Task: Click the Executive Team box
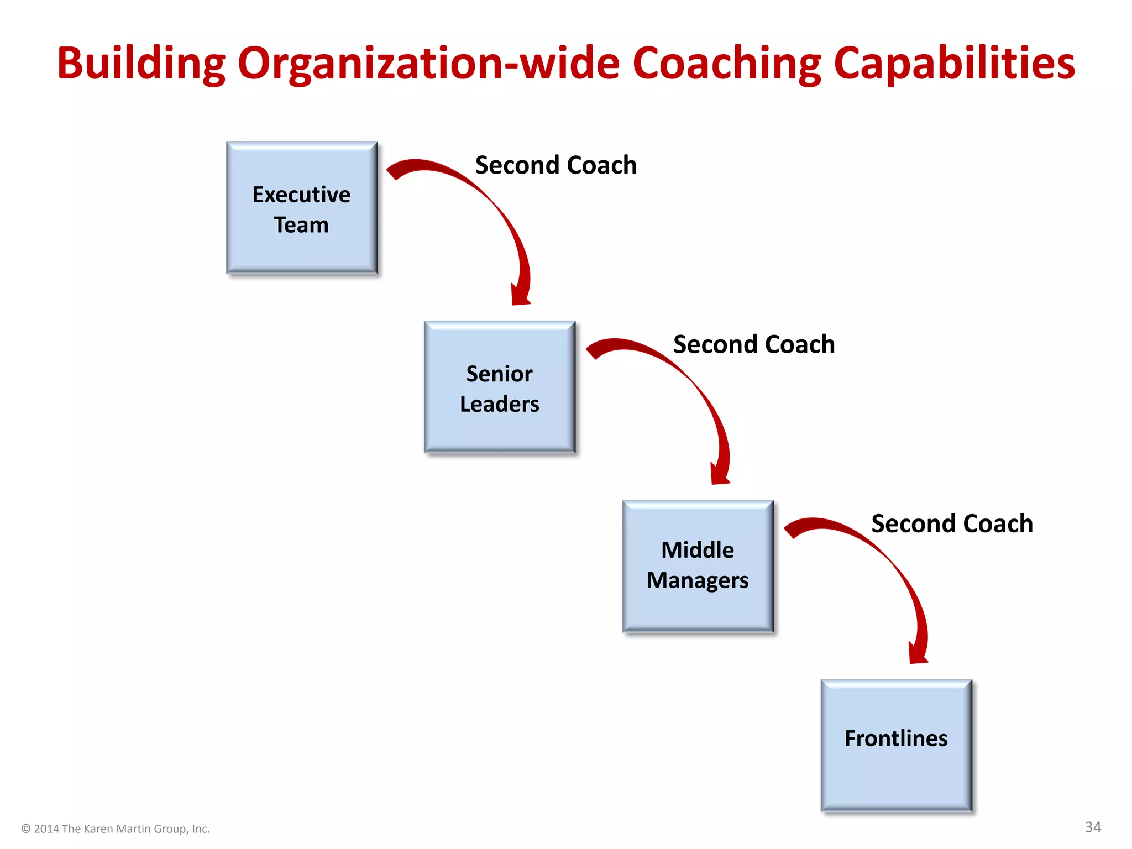click(x=302, y=208)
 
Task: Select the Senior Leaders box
click(x=500, y=387)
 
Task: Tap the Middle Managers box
click(x=698, y=566)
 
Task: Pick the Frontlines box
click(x=896, y=745)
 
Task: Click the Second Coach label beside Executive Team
click(x=555, y=165)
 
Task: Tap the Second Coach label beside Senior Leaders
click(x=754, y=344)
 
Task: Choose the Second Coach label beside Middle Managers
click(x=952, y=523)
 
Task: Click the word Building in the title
click(x=141, y=64)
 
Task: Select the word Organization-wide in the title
click(x=429, y=64)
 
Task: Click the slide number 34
click(x=1093, y=827)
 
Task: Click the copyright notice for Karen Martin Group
click(x=116, y=829)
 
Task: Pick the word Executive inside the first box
click(x=301, y=195)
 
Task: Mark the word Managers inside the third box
click(x=698, y=580)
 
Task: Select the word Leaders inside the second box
click(x=500, y=404)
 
